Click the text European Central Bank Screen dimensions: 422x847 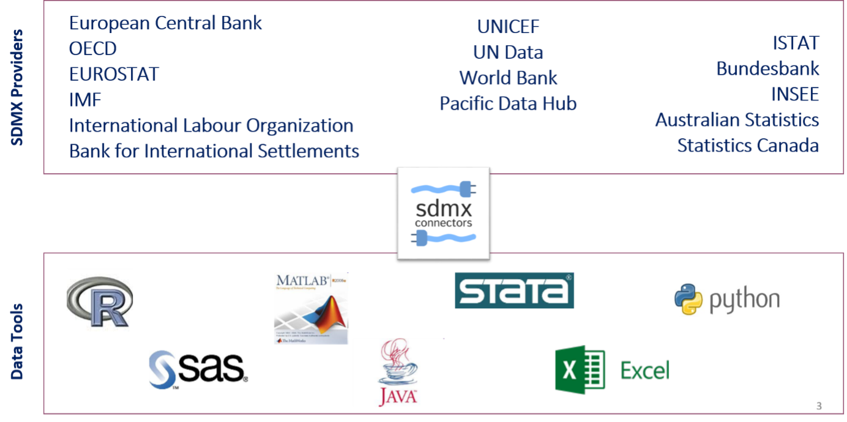(x=165, y=23)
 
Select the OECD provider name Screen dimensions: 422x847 (x=93, y=49)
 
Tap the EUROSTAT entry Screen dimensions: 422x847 (x=114, y=75)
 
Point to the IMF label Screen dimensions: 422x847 (x=85, y=100)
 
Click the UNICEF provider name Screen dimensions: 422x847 (x=509, y=27)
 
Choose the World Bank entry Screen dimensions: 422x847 (x=509, y=78)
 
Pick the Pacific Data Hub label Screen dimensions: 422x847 (x=509, y=104)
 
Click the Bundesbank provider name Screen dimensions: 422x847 (x=767, y=68)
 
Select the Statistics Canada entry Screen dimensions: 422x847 (x=747, y=146)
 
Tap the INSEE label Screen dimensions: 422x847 (x=794, y=94)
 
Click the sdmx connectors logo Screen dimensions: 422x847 (x=444, y=213)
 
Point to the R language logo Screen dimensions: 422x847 (x=100, y=302)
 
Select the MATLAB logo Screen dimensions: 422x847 (x=311, y=308)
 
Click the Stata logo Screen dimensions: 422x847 (x=514, y=291)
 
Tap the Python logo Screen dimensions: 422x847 (x=727, y=298)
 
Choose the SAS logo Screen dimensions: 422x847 (x=199, y=369)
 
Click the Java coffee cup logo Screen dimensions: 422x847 (x=398, y=372)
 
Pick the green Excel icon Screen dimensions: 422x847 (x=579, y=369)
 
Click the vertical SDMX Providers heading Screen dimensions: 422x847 (x=17, y=87)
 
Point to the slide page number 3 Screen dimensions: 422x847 (x=819, y=406)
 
